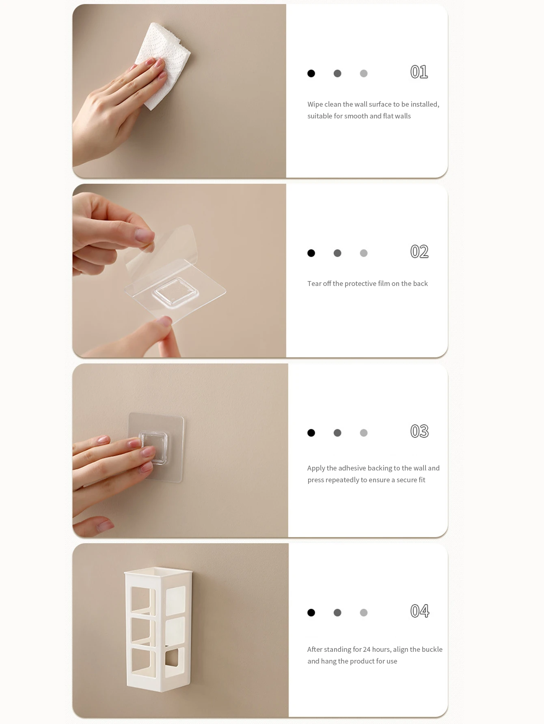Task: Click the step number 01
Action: click(419, 72)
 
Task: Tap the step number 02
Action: click(419, 251)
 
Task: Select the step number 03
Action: click(419, 431)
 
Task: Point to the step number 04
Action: click(420, 611)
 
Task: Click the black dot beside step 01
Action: click(311, 73)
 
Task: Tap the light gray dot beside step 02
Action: click(364, 253)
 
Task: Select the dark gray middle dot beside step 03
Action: click(337, 433)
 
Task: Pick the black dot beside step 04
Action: click(311, 612)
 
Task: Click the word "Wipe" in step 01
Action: click(315, 104)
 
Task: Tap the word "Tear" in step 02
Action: click(314, 284)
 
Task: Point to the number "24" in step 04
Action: click(367, 649)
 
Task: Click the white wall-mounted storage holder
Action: click(158, 628)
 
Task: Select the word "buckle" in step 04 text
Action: click(432, 649)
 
